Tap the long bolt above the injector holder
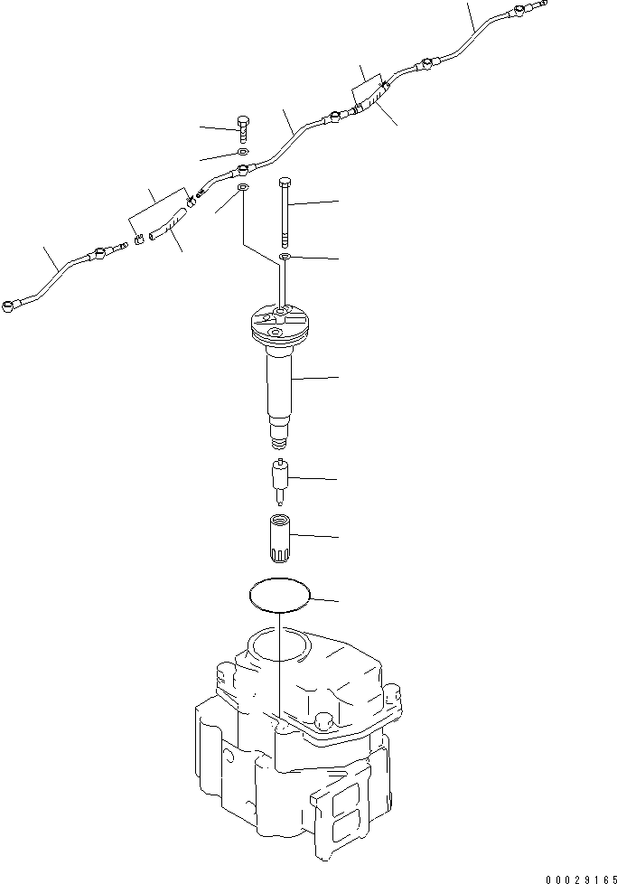[285, 209]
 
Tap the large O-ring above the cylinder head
[280, 593]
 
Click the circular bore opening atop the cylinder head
[280, 644]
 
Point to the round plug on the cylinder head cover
[323, 720]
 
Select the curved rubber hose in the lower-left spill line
[168, 222]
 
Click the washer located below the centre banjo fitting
[242, 188]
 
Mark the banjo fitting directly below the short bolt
[242, 168]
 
